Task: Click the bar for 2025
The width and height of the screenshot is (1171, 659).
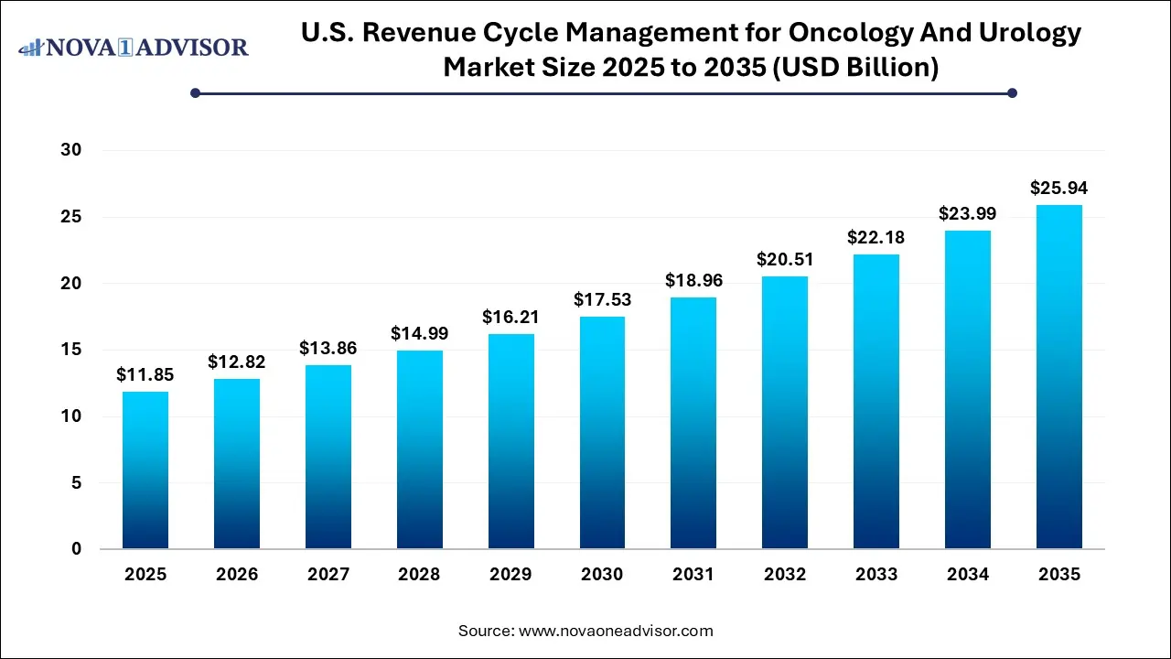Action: click(x=145, y=470)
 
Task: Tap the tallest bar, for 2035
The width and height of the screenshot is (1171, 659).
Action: click(x=1059, y=377)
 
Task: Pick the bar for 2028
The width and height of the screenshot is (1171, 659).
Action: click(x=419, y=449)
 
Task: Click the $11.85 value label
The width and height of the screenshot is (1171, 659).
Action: click(x=145, y=374)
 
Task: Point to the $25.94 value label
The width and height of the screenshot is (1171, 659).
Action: click(x=1059, y=188)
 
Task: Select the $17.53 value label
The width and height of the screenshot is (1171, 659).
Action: click(x=602, y=299)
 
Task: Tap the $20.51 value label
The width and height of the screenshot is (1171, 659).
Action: click(x=785, y=259)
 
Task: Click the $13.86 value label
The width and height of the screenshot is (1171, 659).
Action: click(x=328, y=348)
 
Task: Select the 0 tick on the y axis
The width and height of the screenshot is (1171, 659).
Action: click(x=76, y=549)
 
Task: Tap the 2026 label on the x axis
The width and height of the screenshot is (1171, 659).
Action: click(x=236, y=575)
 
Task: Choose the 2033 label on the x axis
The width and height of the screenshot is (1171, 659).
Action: click(x=876, y=575)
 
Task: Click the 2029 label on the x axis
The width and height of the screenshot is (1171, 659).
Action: click(x=510, y=575)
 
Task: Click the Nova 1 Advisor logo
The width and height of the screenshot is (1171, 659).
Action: click(x=134, y=47)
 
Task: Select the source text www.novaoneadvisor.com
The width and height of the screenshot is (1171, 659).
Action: click(x=616, y=631)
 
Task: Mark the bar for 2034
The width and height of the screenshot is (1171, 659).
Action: click(x=968, y=390)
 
